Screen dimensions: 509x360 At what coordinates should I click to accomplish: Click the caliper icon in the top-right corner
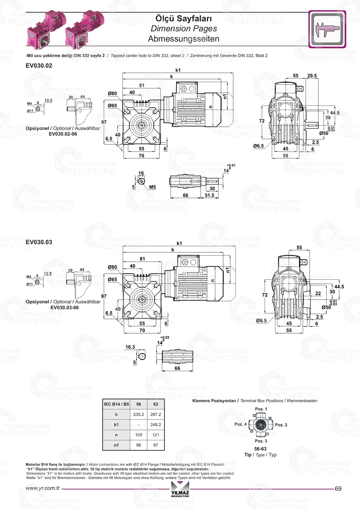coord(327,29)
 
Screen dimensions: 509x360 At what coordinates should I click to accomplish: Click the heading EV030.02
coord(39,66)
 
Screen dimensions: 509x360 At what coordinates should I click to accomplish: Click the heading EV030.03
coord(39,242)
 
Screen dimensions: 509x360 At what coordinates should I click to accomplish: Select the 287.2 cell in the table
coord(156,414)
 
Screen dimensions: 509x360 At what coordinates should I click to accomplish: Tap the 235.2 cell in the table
coord(139,414)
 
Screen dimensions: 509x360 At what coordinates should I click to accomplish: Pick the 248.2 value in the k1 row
coord(156,424)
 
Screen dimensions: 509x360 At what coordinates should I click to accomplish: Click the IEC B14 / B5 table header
coord(116,404)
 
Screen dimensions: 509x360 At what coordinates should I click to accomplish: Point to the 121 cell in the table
coord(156,435)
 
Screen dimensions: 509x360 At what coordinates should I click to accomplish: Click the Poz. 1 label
coord(261,409)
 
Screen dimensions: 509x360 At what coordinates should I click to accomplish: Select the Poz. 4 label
coord(240,424)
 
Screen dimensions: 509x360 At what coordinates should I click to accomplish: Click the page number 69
coord(338,488)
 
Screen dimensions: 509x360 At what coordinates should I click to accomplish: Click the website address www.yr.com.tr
coord(43,488)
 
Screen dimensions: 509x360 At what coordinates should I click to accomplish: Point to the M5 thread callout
coord(152,187)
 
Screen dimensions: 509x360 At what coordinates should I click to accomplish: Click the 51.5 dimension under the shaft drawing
coord(210,195)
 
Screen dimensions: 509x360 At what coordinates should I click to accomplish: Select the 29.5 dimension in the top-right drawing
coord(312,76)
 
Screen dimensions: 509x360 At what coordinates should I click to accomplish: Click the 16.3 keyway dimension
coord(130,347)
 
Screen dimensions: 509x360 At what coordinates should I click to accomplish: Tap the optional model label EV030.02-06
coord(63,134)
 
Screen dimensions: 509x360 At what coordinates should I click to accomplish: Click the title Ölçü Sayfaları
coord(184,18)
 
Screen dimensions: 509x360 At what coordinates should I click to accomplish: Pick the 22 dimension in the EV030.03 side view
coord(318,293)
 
